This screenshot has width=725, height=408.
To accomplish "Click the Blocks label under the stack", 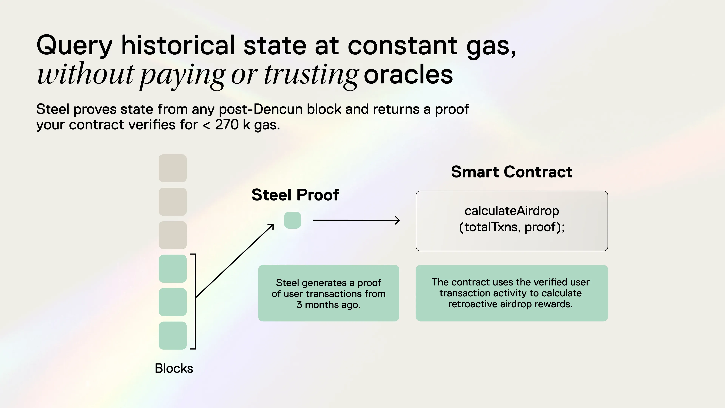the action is (174, 368).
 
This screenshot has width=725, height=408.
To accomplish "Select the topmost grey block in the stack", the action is (173, 168).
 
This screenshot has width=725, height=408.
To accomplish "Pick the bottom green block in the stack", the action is (173, 335).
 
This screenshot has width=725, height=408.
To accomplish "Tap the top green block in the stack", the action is (173, 268).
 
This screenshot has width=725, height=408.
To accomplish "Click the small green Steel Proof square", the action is (292, 220).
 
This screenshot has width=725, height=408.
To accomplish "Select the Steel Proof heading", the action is (295, 195).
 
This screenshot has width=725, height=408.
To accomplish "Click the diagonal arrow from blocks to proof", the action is (235, 261).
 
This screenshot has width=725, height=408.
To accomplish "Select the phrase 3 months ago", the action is (329, 305).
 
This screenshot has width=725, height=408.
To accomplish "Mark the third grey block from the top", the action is (173, 235).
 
